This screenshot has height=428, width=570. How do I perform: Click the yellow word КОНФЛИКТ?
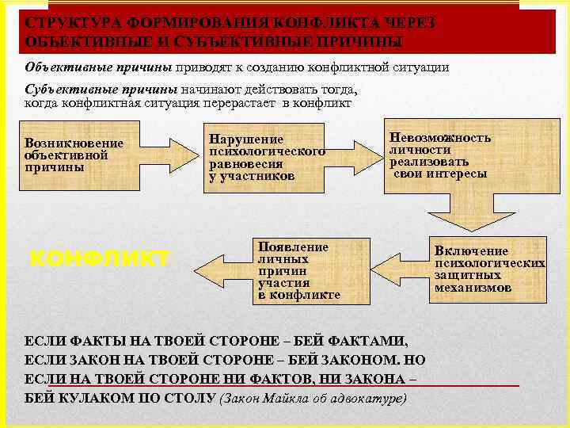tap(99, 258)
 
